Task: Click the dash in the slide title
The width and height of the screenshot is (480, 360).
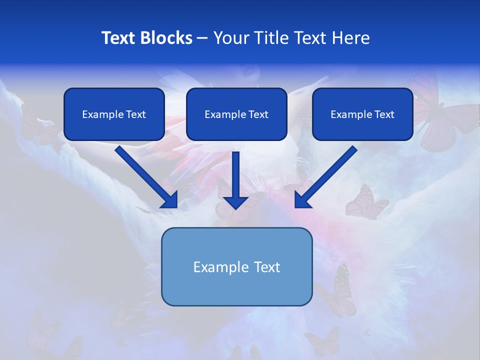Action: tap(202, 38)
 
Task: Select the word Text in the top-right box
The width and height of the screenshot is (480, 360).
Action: tap(384, 114)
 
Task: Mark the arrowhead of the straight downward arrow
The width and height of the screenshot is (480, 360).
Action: tap(235, 202)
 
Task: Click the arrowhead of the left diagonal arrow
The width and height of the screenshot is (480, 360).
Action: tap(170, 200)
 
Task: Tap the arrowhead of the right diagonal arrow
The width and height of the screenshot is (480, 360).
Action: tap(302, 200)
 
